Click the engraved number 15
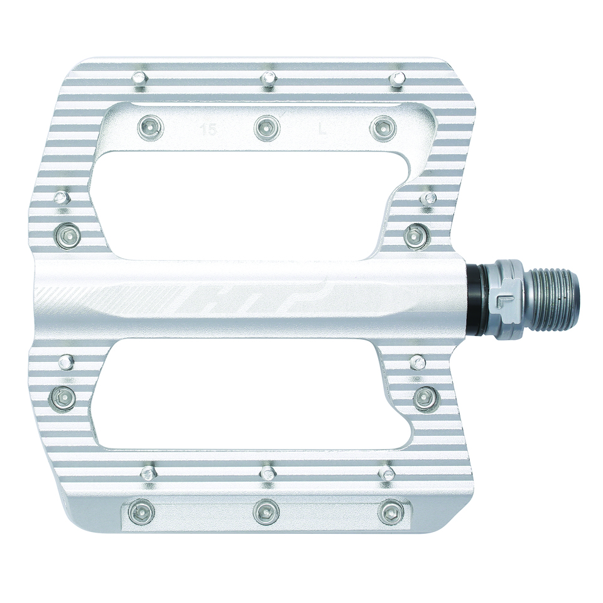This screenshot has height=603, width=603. [x=205, y=131]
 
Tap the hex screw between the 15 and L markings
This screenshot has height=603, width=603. [x=267, y=128]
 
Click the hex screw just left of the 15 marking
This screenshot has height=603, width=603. [x=149, y=128]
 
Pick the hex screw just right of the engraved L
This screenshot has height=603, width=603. [x=383, y=128]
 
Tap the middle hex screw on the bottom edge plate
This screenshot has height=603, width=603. [x=266, y=512]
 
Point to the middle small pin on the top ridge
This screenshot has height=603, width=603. [x=269, y=79]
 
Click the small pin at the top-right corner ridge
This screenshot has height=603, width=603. [x=397, y=79]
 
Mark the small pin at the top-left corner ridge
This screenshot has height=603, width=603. [x=139, y=79]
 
